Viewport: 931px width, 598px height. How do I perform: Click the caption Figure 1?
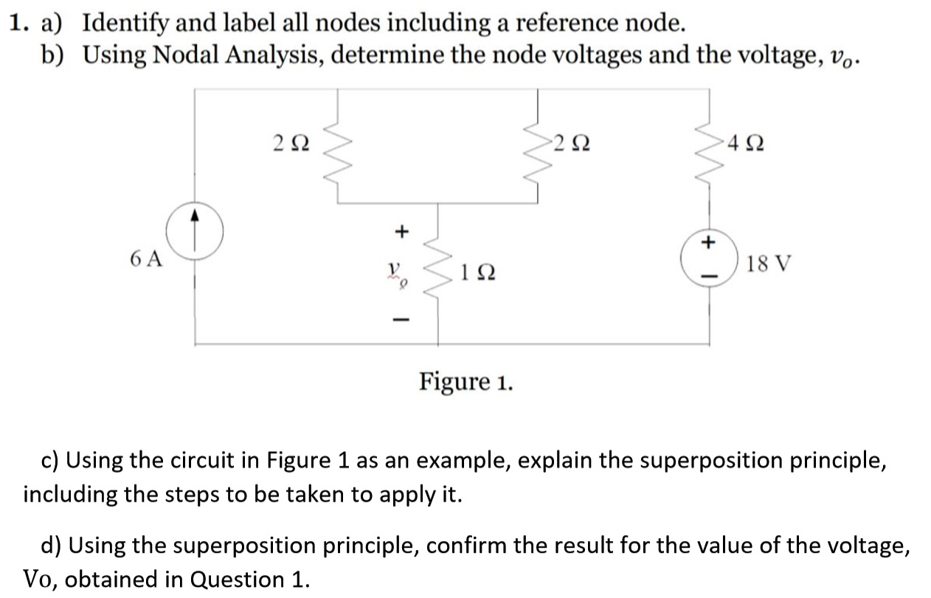pyautogui.click(x=466, y=382)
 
